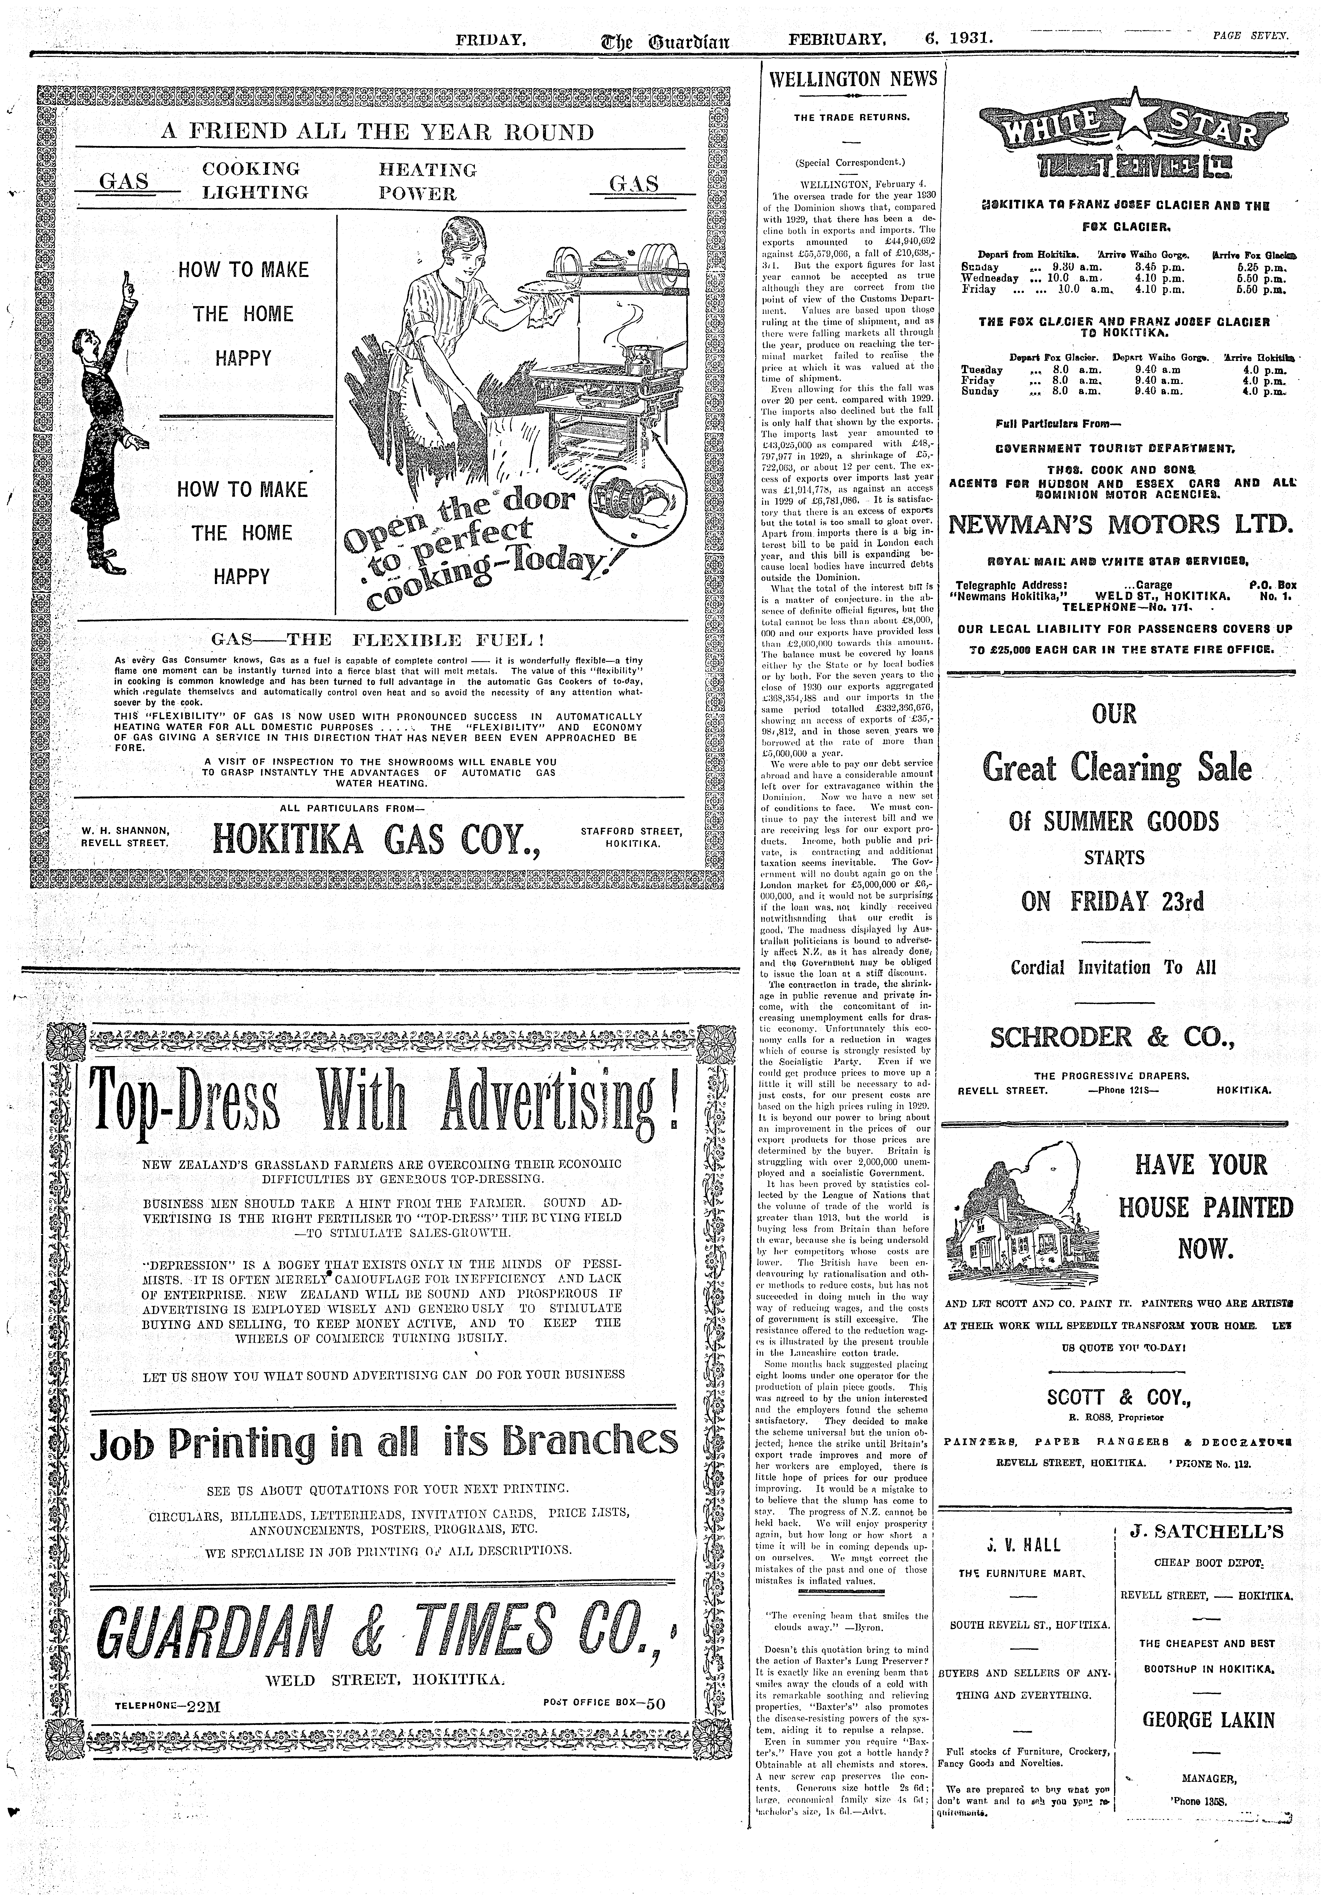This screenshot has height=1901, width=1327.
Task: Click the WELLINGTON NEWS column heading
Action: [x=853, y=80]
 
